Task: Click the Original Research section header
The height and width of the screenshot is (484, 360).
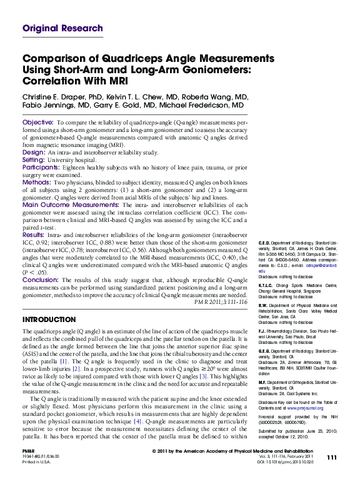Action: pyautogui.click(x=62, y=28)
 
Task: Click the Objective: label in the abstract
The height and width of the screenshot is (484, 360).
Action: pyautogui.click(x=42, y=121)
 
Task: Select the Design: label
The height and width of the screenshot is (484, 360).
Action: pyautogui.click(x=34, y=152)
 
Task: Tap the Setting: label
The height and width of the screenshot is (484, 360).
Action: pyautogui.click(x=35, y=159)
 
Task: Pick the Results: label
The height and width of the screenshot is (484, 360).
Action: pyautogui.click(x=37, y=235)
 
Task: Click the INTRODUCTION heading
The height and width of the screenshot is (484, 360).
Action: pyautogui.click(x=49, y=320)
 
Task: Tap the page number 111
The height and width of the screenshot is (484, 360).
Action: pyautogui.click(x=332, y=475)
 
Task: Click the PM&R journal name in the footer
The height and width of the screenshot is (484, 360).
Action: pyautogui.click(x=28, y=468)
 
